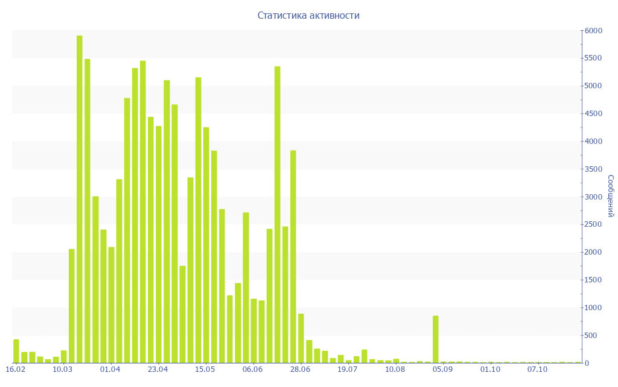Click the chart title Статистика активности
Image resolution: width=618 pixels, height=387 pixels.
point(308,16)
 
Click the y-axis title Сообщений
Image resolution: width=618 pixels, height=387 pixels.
point(610,196)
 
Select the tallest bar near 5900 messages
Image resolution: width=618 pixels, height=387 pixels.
point(80,199)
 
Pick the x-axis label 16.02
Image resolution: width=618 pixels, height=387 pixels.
point(16,369)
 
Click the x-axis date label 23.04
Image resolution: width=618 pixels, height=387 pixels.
point(158,369)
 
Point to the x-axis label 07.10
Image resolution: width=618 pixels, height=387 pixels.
point(538,369)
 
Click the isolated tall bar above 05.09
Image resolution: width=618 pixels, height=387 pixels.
point(435,339)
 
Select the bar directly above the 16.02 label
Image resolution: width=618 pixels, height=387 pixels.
point(16,351)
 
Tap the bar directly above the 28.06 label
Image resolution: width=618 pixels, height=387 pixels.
point(301,338)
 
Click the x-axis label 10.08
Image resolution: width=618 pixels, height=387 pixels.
point(395,369)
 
